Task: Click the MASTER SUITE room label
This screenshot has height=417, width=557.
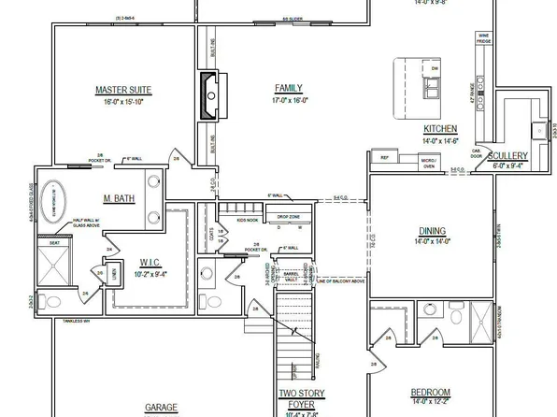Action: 123,91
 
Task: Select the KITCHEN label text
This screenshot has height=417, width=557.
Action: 439,128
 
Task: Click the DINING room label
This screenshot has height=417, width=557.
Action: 432,231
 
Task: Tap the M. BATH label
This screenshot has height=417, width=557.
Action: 121,199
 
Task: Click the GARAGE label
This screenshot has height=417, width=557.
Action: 161,408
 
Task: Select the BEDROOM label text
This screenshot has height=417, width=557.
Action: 431,392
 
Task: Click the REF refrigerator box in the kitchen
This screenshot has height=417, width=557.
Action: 383,158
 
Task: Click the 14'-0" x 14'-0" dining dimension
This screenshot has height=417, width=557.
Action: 432,241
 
